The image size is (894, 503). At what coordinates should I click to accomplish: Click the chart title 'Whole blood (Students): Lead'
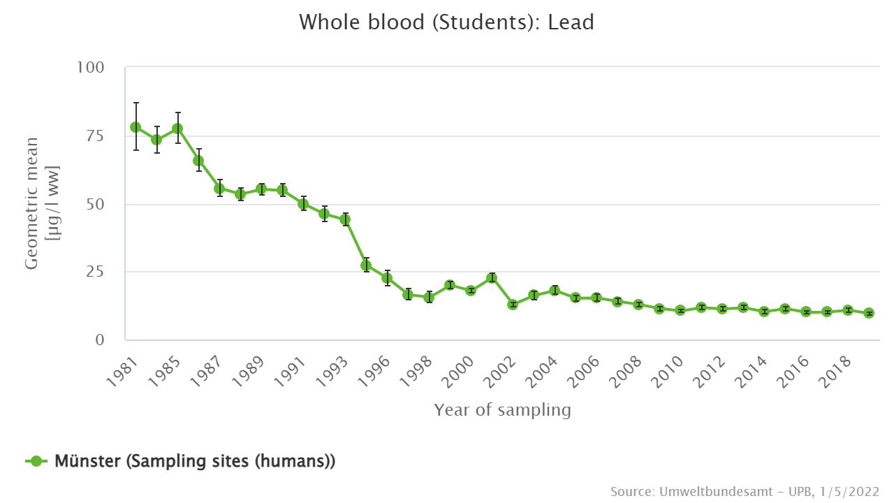click(x=446, y=22)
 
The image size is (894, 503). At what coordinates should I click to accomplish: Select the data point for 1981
click(x=135, y=127)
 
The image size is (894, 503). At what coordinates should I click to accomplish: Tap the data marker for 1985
click(x=177, y=129)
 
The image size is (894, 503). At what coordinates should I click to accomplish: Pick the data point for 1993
click(x=345, y=219)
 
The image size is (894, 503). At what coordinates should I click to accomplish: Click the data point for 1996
click(x=387, y=278)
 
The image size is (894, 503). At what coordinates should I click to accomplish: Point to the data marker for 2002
click(x=513, y=305)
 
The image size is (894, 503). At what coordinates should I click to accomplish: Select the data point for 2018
click(x=848, y=310)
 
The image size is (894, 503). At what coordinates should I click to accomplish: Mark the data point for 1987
click(x=219, y=189)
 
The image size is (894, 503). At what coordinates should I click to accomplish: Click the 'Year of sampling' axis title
click(x=502, y=410)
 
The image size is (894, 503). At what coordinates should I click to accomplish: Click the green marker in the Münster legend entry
click(x=37, y=461)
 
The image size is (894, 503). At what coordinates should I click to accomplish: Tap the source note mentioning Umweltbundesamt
click(x=745, y=491)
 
